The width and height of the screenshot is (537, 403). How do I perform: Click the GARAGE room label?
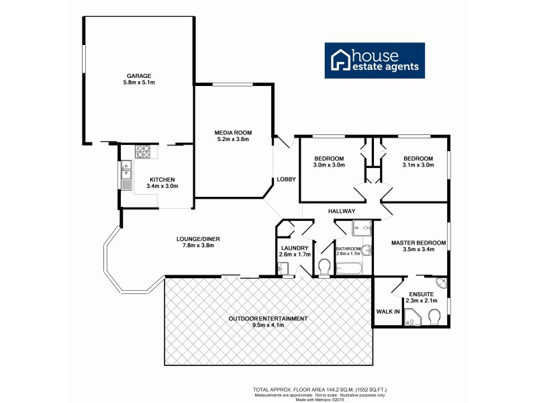coord(139,75)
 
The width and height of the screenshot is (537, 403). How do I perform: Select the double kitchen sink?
coord(126,176)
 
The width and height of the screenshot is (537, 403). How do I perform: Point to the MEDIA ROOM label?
coord(233,132)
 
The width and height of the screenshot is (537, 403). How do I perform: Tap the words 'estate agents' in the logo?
coord(385,66)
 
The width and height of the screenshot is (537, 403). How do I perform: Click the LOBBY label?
coord(287,179)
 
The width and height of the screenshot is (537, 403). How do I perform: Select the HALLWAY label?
coord(341,211)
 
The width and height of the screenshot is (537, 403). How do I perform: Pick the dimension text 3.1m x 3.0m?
coord(418,165)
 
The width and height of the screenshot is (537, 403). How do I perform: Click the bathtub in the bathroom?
coord(349,269)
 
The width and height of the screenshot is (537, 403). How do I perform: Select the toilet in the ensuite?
coord(434,316)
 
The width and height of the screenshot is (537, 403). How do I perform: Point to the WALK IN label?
coord(388,311)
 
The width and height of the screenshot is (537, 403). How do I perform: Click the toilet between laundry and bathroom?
coord(323,268)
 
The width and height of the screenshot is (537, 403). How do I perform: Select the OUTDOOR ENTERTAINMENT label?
coord(268,318)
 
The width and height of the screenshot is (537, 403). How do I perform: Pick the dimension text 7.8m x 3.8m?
coord(197,245)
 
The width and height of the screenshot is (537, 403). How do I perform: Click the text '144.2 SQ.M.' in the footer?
coord(316,390)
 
